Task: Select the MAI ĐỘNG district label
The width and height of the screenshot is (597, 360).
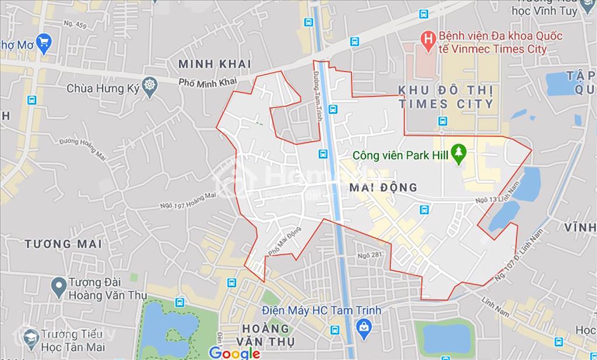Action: pos(385,187)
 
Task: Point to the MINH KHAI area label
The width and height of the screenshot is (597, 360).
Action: pos(215,64)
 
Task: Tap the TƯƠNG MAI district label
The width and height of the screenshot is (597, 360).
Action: pos(63,243)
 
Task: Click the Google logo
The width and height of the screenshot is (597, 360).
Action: pos(234,352)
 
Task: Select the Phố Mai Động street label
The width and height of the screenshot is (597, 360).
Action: pos(285,241)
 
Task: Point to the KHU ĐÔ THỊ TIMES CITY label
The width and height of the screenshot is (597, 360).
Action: pos(446,97)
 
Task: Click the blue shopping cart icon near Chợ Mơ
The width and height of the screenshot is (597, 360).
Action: pos(43,41)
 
